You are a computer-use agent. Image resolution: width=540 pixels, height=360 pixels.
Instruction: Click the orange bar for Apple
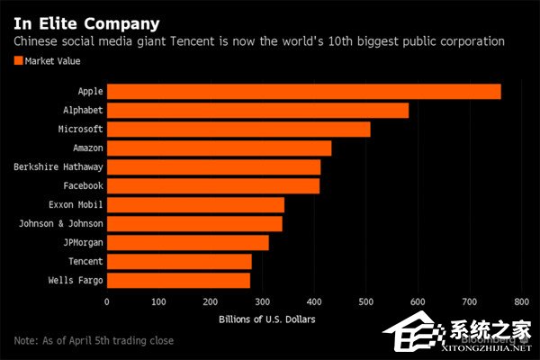(304, 92)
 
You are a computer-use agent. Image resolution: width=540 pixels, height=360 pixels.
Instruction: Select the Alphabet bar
(258, 111)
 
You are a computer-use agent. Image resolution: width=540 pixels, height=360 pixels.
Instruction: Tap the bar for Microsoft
(238, 130)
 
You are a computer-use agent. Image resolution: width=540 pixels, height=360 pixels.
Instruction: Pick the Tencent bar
(179, 262)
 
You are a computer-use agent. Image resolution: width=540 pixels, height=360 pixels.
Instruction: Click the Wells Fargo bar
(179, 281)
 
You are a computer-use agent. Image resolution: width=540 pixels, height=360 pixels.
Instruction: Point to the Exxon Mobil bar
(195, 205)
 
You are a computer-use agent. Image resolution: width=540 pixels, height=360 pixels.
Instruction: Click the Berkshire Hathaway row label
(58, 167)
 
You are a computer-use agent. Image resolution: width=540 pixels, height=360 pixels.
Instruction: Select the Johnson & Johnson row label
(61, 223)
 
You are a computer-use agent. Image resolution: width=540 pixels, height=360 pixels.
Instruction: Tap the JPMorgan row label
(83, 243)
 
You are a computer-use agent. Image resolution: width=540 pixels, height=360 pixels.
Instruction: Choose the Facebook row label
(83, 186)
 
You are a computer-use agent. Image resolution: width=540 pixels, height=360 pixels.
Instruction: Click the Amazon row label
(88, 148)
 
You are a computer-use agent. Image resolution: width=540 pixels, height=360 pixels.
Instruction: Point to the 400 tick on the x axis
(314, 302)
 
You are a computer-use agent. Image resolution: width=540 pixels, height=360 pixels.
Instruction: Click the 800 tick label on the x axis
(521, 302)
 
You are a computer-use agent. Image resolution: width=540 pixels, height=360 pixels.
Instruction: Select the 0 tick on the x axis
(107, 302)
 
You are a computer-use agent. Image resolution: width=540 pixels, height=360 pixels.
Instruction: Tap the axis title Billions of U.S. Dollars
(267, 319)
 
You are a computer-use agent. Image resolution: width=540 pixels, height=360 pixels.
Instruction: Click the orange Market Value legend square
(18, 60)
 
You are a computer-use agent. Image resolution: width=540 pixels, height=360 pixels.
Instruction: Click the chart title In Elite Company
(86, 23)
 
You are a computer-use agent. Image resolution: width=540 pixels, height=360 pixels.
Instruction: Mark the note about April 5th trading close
(94, 341)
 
